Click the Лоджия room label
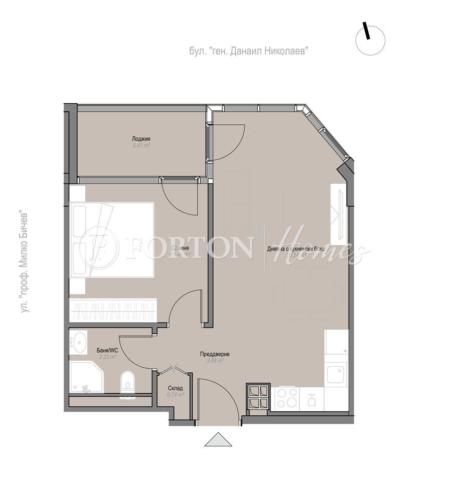141,139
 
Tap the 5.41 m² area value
141,145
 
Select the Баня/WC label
107,350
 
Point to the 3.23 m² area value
107,357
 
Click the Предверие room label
215,354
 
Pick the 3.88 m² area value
215,360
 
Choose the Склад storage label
176,388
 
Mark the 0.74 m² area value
176,395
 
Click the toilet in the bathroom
127,380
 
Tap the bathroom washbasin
78,343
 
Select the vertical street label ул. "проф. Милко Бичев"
25,264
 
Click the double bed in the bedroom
113,239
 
